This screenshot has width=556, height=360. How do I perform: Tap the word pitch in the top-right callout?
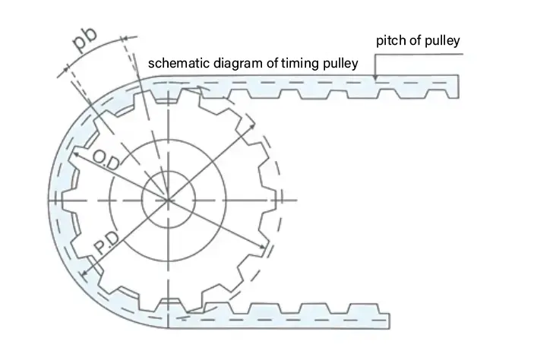392,40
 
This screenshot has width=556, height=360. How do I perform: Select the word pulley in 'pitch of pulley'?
442,40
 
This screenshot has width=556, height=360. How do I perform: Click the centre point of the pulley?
168,200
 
